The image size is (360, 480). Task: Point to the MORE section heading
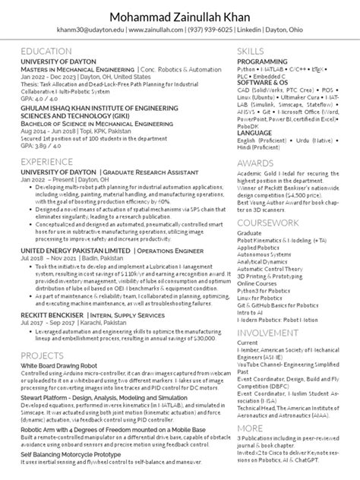[x=251, y=428]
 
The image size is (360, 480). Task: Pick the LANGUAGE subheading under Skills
[x=260, y=134]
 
